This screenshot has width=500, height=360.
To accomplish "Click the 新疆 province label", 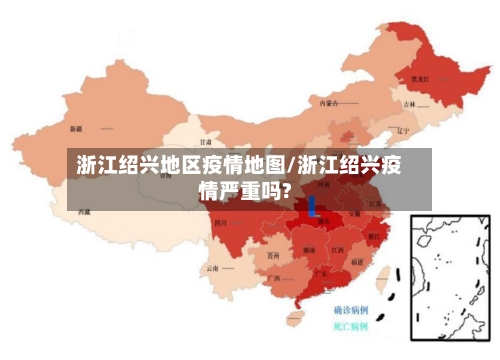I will click(76, 129).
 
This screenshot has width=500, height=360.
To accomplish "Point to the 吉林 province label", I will click(409, 104).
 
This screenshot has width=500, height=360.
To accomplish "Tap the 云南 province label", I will click(212, 268).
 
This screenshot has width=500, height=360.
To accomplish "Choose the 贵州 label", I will click(273, 255).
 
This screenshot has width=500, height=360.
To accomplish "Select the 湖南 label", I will click(318, 243).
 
